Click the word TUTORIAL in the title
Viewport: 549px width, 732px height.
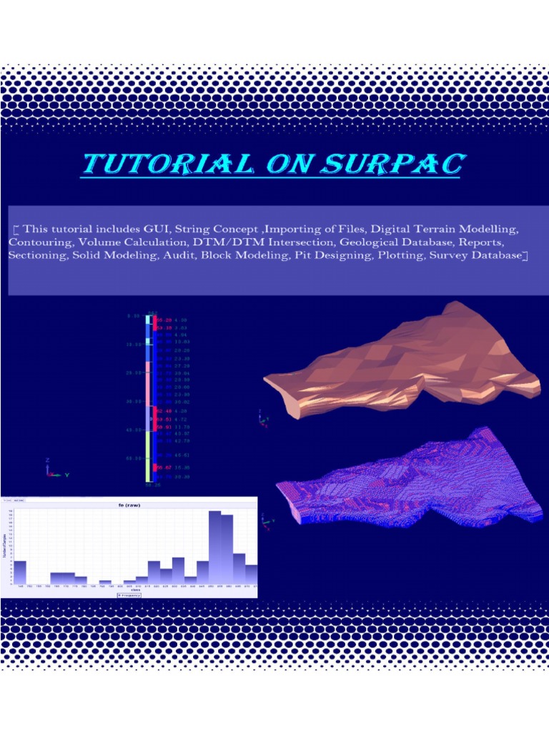pyautogui.click(x=168, y=164)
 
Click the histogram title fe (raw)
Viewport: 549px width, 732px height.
pyautogui.click(x=129, y=505)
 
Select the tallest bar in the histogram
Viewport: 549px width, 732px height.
pyautogui.click(x=214, y=548)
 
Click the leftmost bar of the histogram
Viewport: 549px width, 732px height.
pyautogui.click(x=20, y=572)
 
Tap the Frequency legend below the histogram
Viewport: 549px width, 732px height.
pyautogui.click(x=129, y=594)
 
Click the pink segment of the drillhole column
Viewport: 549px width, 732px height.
pyautogui.click(x=148, y=382)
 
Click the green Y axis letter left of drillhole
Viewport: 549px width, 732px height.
pyautogui.click(x=66, y=474)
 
